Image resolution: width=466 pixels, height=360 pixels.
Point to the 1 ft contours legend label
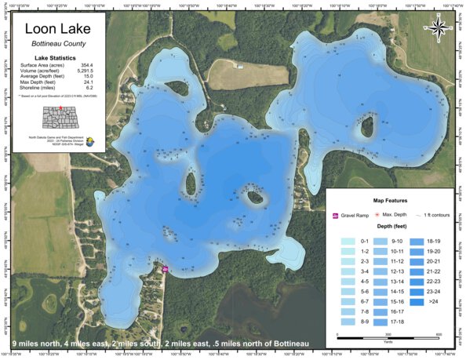(x=435, y=215)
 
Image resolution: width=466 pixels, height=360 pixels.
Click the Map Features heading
(x=389, y=200)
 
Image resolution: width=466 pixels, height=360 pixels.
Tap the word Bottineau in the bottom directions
(x=284, y=344)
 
